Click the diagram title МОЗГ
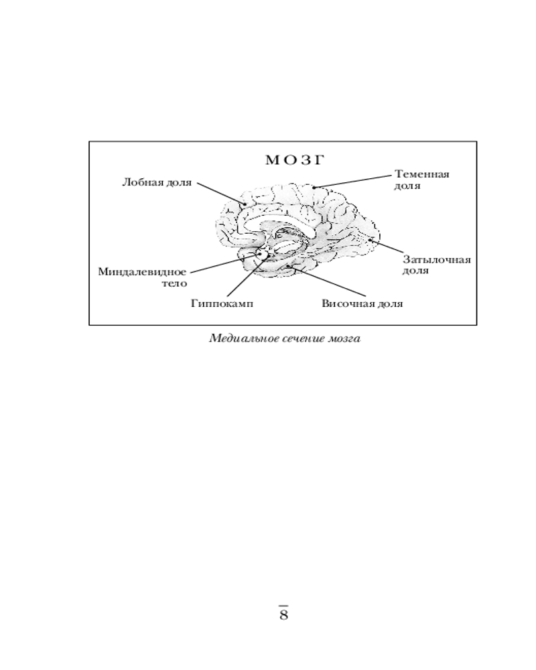[x=295, y=160]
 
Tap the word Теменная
[x=422, y=174]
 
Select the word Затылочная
[x=437, y=260]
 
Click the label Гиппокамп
[x=222, y=304]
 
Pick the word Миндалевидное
[x=142, y=272]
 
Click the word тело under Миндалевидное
[x=174, y=283]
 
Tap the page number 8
[x=284, y=615]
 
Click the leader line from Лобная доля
[x=221, y=194]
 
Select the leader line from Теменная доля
[x=352, y=181]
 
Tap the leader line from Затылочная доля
[x=385, y=246]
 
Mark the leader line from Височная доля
[x=328, y=281]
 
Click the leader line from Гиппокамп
[x=248, y=275]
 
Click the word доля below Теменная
[x=407, y=186]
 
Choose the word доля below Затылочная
[x=415, y=271]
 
